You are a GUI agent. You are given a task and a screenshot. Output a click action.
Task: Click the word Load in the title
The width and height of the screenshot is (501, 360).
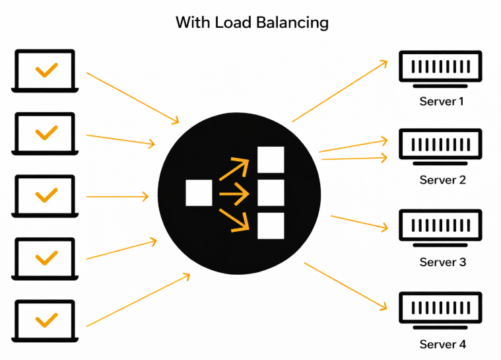click(232, 22)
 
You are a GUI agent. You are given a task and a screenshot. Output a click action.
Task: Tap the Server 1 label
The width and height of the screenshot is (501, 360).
click(442, 102)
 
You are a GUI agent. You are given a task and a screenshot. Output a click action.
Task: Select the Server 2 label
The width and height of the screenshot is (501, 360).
click(442, 180)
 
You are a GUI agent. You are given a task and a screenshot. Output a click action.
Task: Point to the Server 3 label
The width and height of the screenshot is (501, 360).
click(442, 262)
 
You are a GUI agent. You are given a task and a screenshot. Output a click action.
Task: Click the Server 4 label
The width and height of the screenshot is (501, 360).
click(442, 344)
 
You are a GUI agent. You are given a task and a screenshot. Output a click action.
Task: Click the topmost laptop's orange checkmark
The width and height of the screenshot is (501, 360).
click(46, 69)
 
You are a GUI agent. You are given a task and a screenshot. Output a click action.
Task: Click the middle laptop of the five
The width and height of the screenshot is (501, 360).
click(46, 196)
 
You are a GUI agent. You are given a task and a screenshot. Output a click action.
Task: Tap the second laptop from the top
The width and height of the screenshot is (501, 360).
click(46, 133)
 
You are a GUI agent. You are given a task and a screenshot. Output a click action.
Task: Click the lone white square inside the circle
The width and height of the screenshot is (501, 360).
click(199, 193)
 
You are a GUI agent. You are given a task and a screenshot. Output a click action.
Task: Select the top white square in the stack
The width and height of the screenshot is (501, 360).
click(271, 160)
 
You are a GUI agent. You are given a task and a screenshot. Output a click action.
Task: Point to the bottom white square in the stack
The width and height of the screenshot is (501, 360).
click(271, 225)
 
